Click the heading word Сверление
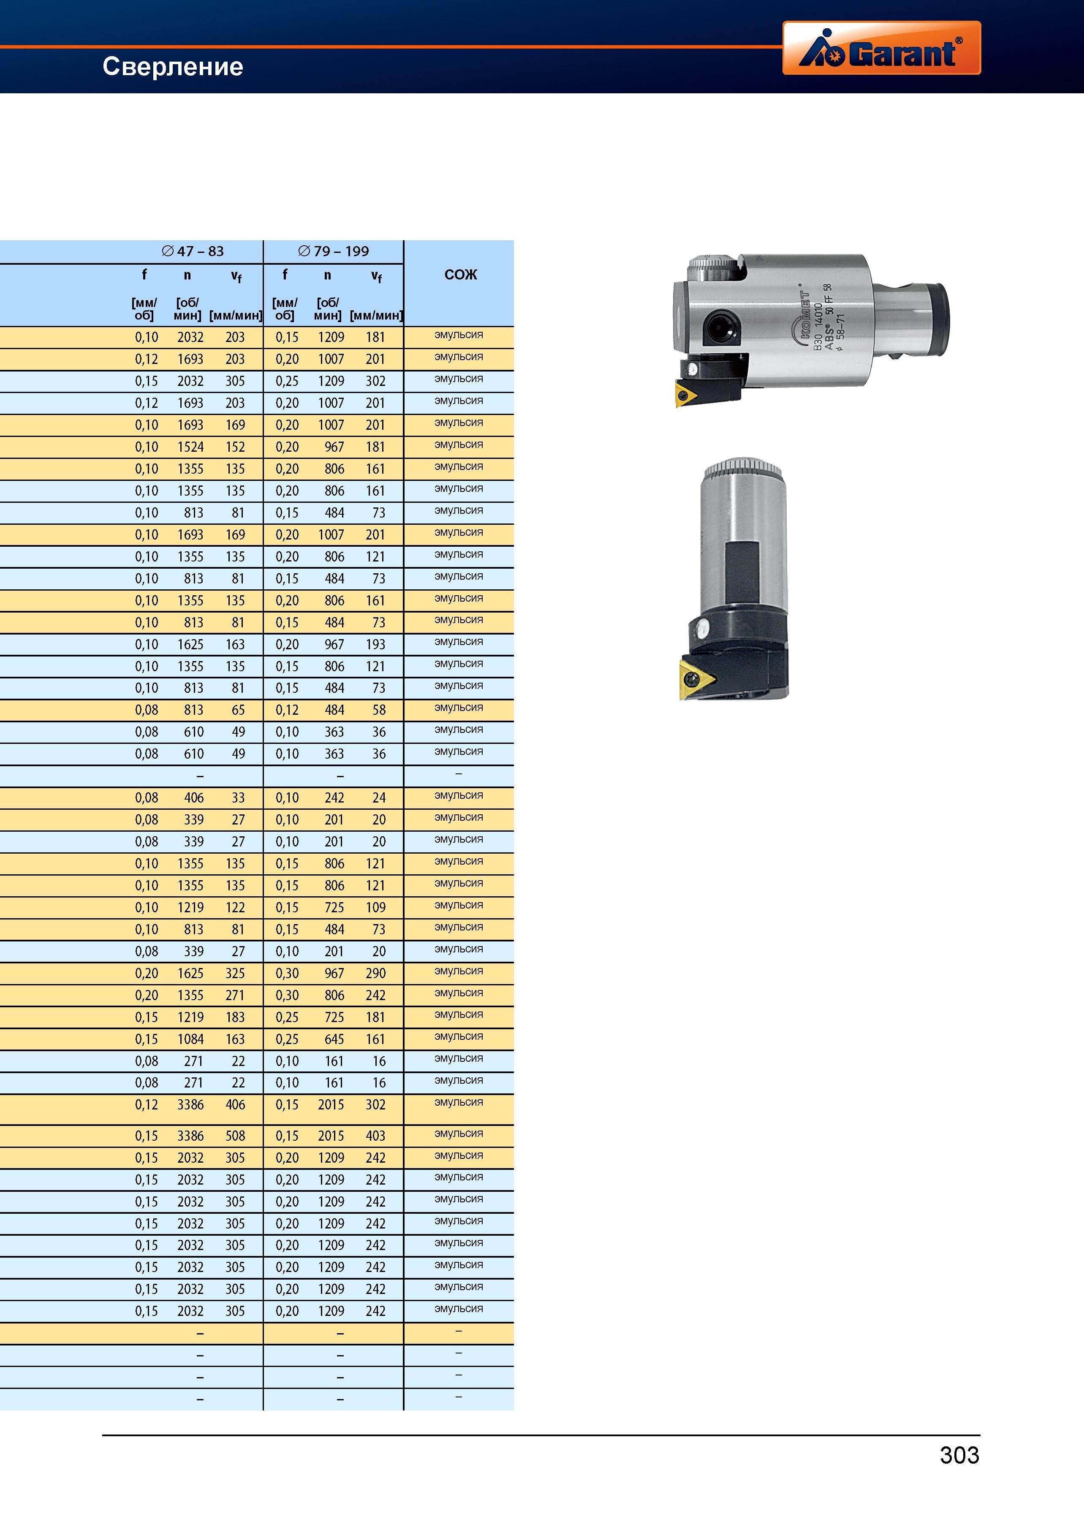tap(173, 67)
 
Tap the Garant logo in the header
tap(881, 47)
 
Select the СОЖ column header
tap(461, 275)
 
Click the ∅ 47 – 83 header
tap(193, 251)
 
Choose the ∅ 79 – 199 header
tap(333, 251)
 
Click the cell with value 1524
tap(190, 447)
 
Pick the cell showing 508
tap(235, 1136)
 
